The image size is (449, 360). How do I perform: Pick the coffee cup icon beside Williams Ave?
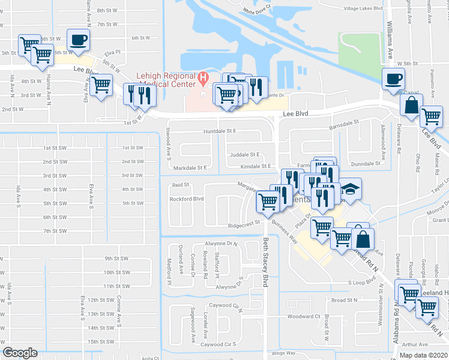(x=394, y=79)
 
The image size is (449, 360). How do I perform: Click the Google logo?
(x=20, y=353)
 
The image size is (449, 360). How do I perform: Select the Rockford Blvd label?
(x=187, y=199)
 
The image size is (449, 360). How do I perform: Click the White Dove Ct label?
(x=258, y=10)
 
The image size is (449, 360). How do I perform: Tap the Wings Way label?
(x=284, y=353)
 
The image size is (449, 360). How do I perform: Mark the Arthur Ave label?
(x=415, y=344)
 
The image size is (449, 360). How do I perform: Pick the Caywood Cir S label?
(x=218, y=344)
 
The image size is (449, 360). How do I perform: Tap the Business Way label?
(x=285, y=230)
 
